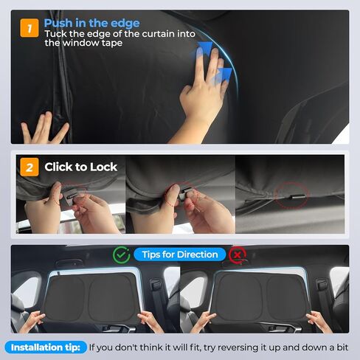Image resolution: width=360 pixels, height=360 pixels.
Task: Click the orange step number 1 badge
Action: (28, 30)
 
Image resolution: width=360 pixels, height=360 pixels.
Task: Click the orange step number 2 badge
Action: (28, 167)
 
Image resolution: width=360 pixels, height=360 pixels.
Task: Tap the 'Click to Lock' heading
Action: (80, 167)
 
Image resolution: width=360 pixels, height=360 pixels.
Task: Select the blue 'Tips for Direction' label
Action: (180, 255)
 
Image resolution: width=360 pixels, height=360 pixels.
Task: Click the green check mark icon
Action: (122, 255)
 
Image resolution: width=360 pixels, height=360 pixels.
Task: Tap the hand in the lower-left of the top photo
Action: (44, 129)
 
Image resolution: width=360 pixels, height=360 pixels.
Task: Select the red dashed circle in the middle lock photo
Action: (171, 195)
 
